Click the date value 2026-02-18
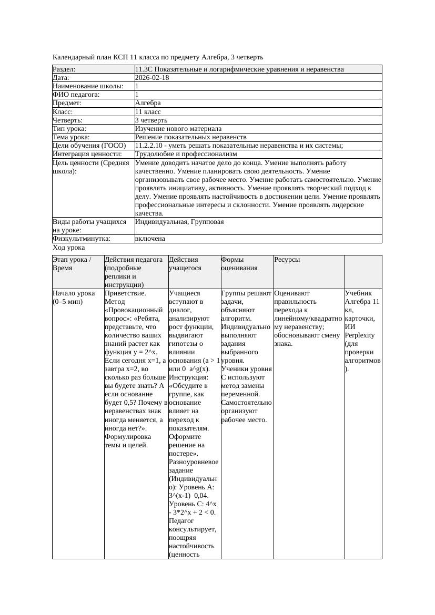(x=152, y=78)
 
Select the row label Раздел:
(x=64, y=69)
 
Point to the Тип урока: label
(x=70, y=129)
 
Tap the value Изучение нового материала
(x=178, y=129)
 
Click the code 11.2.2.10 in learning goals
(x=150, y=146)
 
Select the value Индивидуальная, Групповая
(x=179, y=222)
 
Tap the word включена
(x=150, y=239)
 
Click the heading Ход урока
(x=69, y=247)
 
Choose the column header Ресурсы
(x=287, y=260)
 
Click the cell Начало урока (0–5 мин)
(x=74, y=298)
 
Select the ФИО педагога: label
(x=77, y=95)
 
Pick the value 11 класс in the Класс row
(x=148, y=112)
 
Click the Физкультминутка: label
(x=82, y=239)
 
